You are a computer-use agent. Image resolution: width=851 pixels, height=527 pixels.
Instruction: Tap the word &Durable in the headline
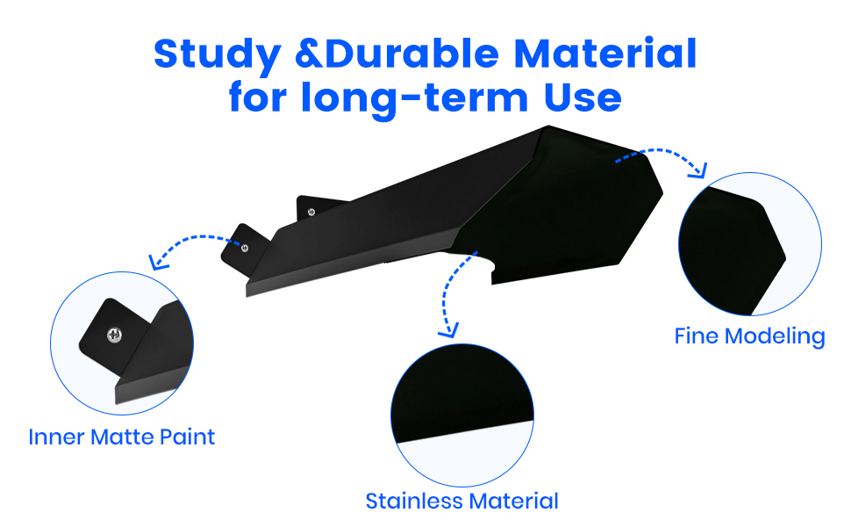pyautogui.click(x=397, y=54)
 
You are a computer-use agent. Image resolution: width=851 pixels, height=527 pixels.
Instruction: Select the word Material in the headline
pyautogui.click(x=605, y=54)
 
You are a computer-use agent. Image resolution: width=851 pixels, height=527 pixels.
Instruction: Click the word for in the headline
pyautogui.click(x=257, y=97)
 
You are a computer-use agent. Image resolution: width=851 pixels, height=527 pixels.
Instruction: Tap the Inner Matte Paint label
pyautogui.click(x=122, y=437)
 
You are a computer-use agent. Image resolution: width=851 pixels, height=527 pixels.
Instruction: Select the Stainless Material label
pyautogui.click(x=461, y=501)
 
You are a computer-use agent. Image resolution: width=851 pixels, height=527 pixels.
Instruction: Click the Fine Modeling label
pyautogui.click(x=749, y=336)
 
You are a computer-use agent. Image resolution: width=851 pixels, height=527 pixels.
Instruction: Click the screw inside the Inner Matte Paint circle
pyautogui.click(x=114, y=335)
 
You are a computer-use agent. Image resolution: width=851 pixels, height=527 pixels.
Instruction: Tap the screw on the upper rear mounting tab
pyautogui.click(x=311, y=212)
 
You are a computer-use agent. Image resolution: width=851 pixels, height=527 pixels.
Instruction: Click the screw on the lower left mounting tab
pyautogui.click(x=245, y=248)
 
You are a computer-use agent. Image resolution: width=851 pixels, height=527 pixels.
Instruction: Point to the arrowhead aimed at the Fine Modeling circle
pyautogui.click(x=699, y=170)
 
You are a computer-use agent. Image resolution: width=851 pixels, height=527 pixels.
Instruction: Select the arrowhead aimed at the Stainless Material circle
pyautogui.click(x=449, y=330)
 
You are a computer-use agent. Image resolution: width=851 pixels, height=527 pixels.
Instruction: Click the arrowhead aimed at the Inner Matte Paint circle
pyautogui.click(x=157, y=262)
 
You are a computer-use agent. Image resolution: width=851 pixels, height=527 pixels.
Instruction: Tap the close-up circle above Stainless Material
pyautogui.click(x=462, y=415)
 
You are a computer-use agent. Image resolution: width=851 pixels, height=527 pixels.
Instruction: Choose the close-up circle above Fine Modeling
pyautogui.click(x=750, y=244)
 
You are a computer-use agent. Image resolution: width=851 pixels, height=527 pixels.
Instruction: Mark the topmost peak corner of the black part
pyautogui.click(x=548, y=126)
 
